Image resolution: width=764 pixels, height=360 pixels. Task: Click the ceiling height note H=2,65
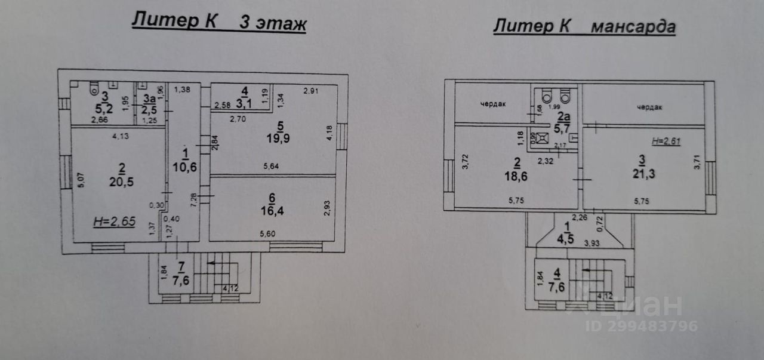tap(113, 222)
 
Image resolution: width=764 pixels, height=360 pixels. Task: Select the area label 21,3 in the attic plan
tap(642, 174)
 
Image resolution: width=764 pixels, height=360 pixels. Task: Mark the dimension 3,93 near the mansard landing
tap(592, 244)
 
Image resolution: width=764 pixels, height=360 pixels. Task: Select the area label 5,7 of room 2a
tap(562, 128)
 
